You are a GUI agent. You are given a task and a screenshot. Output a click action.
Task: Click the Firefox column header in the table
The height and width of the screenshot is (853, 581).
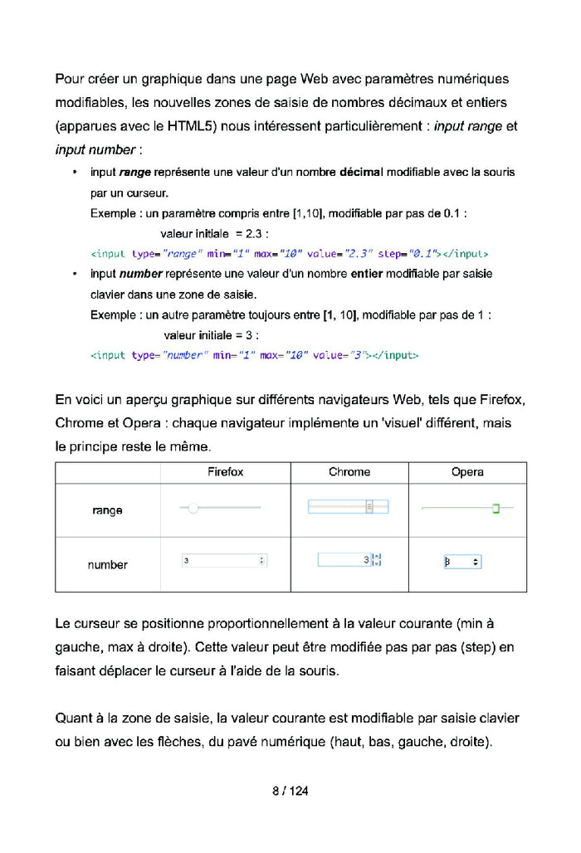point(225,472)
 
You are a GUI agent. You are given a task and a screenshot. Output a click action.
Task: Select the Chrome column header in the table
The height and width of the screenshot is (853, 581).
point(349,472)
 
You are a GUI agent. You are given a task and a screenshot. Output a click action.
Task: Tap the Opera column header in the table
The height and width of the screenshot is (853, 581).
point(467,472)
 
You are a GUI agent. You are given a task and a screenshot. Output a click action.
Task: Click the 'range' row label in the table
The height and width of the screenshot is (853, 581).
point(108,510)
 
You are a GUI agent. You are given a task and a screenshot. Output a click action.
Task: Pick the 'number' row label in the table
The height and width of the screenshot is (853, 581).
point(108,565)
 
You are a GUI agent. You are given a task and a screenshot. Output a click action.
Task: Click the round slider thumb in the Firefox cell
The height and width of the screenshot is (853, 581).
point(193,508)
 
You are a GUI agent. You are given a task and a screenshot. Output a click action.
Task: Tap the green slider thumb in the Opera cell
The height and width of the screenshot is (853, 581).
point(496,508)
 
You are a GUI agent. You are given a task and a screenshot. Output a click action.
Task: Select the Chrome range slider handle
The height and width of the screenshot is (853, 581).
point(370,507)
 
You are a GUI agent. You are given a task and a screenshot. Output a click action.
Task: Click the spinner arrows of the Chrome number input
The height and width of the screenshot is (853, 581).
point(377,561)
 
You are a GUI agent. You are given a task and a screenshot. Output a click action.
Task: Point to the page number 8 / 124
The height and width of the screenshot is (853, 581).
point(290,791)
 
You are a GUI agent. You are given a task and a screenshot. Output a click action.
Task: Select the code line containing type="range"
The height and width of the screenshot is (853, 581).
point(289,253)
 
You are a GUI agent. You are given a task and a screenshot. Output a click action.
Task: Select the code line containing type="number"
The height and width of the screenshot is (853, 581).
point(254,355)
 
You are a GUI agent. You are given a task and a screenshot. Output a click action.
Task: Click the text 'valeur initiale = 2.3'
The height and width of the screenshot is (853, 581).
point(214,233)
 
